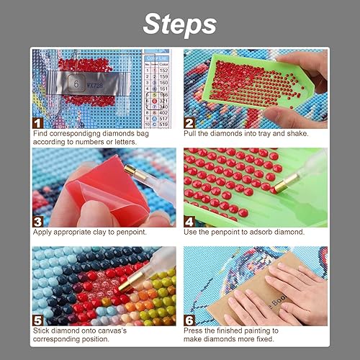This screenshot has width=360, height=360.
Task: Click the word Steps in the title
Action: click(179, 23)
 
